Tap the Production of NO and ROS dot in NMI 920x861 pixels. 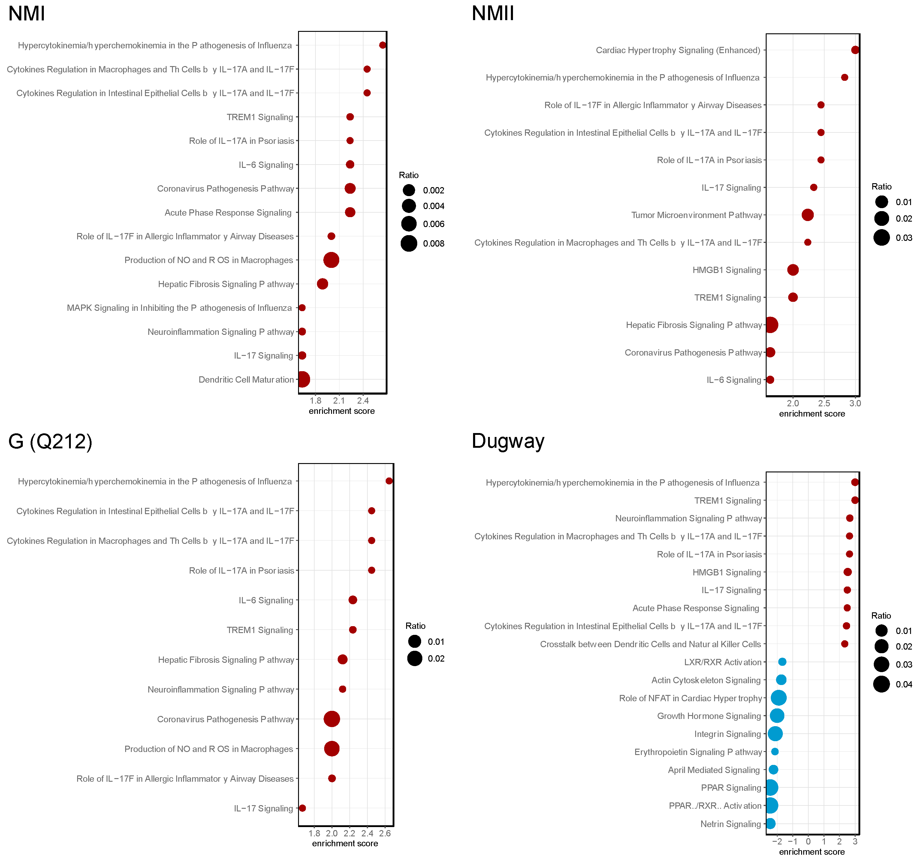(x=331, y=260)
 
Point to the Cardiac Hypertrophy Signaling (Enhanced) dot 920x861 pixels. (x=855, y=50)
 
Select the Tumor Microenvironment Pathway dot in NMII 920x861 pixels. (x=807, y=215)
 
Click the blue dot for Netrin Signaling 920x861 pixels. (x=770, y=823)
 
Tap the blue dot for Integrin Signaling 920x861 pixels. (x=775, y=734)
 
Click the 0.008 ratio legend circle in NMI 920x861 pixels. (x=409, y=244)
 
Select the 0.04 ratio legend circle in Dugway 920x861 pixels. (x=881, y=684)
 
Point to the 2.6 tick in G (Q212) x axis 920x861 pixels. (x=385, y=833)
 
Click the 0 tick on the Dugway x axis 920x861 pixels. (x=808, y=841)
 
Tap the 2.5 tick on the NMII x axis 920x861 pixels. (x=824, y=403)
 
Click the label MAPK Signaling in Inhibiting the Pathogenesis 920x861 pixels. (x=179, y=308)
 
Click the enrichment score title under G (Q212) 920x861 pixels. (x=345, y=843)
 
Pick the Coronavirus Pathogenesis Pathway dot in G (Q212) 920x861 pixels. (x=332, y=719)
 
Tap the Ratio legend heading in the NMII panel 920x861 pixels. (x=881, y=186)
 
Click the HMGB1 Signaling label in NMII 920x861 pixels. (x=726, y=270)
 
